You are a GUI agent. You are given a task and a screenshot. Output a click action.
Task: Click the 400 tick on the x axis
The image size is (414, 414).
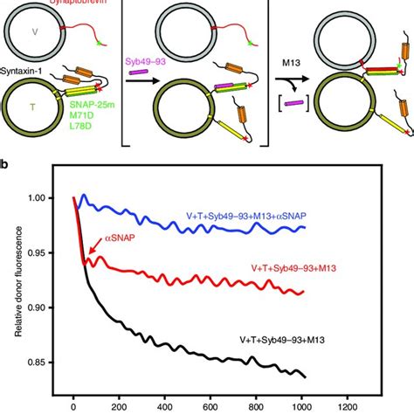[x=183, y=405]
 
